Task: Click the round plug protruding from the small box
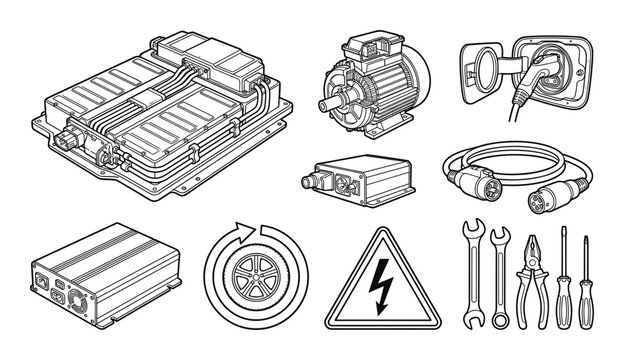312,180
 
